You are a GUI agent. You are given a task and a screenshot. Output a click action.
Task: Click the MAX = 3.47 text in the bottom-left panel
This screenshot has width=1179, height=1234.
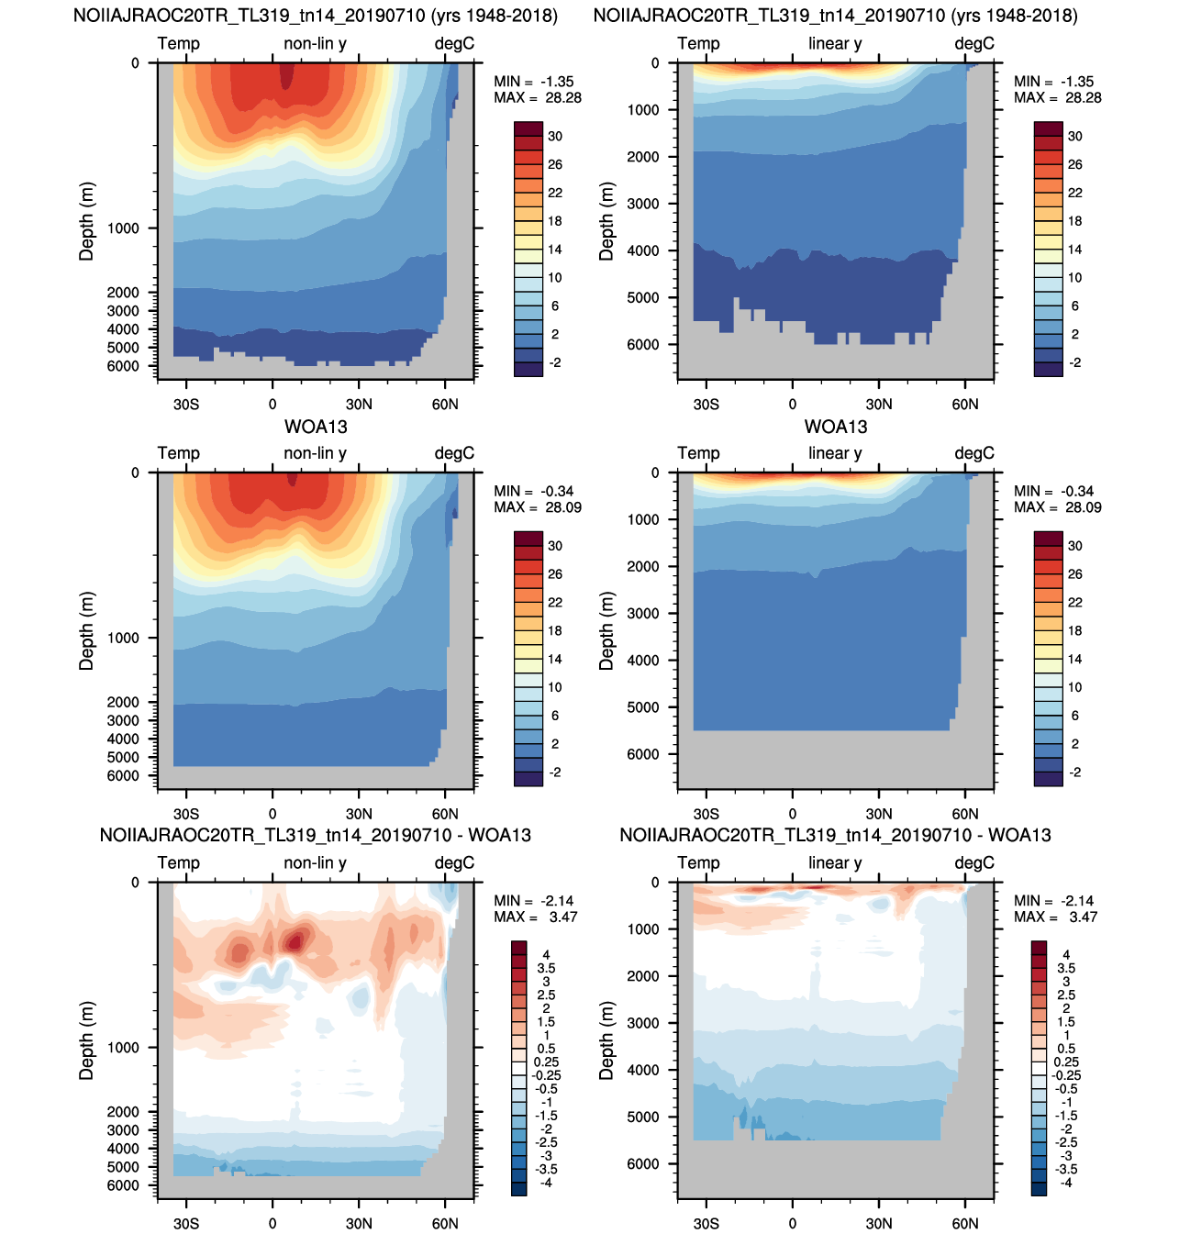point(535,917)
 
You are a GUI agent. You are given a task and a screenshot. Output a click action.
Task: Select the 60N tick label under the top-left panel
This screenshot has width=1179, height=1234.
point(445,405)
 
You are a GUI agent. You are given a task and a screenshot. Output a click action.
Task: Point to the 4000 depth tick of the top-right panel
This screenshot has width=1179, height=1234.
point(643,250)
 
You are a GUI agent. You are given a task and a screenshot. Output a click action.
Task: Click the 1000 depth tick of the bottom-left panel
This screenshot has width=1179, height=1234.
point(123,1048)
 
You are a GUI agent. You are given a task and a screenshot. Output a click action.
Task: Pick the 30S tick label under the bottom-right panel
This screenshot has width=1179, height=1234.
point(706,1223)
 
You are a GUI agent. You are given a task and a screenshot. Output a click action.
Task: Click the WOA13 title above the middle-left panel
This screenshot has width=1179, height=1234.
point(316,427)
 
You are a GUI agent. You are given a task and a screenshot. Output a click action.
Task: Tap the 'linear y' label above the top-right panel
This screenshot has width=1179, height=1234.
point(835,44)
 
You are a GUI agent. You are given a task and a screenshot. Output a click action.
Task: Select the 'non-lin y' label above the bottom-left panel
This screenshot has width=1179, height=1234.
point(315,862)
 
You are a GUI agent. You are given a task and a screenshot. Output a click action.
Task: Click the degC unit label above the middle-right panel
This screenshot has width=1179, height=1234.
point(974,453)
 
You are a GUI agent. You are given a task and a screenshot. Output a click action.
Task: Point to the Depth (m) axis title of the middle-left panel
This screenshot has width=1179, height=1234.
point(86,631)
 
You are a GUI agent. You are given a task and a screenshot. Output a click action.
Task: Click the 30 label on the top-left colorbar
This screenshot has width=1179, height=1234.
point(555,137)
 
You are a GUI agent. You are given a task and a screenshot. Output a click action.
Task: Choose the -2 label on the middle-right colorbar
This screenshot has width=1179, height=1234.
point(1075,773)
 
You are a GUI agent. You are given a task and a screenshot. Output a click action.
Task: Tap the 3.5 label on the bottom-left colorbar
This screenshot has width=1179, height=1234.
point(545,968)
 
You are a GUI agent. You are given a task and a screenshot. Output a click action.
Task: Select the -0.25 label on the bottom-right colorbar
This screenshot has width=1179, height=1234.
point(1066,1075)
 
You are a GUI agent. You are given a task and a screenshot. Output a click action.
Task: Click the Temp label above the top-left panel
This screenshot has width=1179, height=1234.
point(178,44)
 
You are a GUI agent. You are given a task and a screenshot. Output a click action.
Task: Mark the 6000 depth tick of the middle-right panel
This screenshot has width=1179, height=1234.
point(643,754)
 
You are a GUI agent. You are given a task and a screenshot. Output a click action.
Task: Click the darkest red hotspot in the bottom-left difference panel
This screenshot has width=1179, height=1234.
point(295,942)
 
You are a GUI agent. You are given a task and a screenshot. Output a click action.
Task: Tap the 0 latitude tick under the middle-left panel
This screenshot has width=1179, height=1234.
point(273,814)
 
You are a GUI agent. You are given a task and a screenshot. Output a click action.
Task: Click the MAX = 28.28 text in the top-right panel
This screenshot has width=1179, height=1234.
point(1057,97)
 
